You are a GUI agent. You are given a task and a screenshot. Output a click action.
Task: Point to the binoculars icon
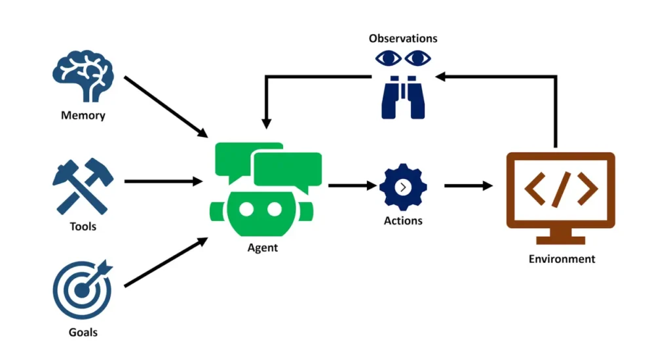coord(402,97)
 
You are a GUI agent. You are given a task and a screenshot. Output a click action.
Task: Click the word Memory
coord(83,116)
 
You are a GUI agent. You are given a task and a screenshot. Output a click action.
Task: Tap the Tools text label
coord(83,227)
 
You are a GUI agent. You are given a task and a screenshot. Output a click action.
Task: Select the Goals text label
coord(83,332)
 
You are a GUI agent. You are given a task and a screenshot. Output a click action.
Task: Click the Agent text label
coord(262,248)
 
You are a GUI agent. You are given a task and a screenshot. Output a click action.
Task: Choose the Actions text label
coord(403,221)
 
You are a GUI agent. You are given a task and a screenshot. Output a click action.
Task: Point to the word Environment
coord(562,259)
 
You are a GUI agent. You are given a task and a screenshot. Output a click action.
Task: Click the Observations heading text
coord(403,39)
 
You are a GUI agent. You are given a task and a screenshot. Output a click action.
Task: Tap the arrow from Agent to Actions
coord(350,186)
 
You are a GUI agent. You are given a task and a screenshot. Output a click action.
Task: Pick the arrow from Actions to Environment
coord(468,186)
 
